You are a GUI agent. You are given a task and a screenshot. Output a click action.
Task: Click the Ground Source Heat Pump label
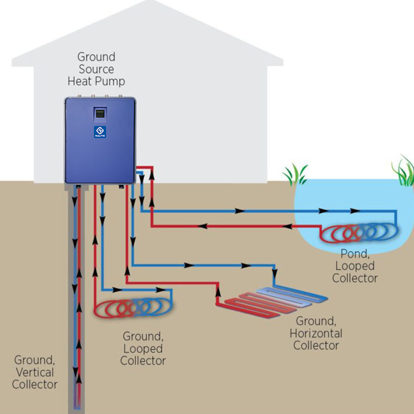click(x=96, y=69)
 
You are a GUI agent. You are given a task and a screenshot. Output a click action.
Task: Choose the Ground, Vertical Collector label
click(x=35, y=372)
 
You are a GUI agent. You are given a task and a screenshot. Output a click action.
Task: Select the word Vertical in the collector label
click(x=35, y=372)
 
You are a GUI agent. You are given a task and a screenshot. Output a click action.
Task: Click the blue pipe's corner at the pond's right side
click(x=396, y=212)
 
